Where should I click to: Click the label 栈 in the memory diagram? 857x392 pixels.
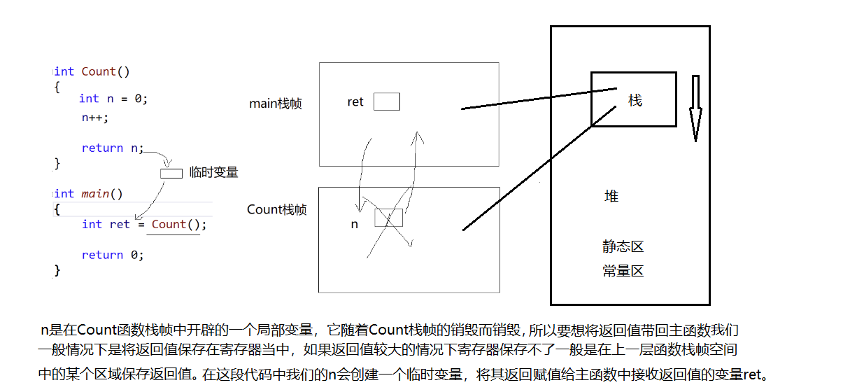coord(635,101)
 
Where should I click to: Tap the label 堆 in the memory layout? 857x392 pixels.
coord(611,197)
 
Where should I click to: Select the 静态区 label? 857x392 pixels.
coord(623,246)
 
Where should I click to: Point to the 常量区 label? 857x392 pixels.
coord(623,271)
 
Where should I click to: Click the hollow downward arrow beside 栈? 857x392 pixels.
coord(695,108)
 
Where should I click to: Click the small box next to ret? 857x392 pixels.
coord(386,102)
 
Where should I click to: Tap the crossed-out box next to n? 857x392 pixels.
coord(388,218)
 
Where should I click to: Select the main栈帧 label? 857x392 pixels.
coord(276,104)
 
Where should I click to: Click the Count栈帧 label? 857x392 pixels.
coord(276,209)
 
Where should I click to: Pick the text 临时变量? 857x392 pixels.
coord(214,172)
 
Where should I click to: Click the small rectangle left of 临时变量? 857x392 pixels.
coord(171,173)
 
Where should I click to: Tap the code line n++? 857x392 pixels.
coord(95,118)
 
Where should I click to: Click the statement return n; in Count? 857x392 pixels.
coord(112,148)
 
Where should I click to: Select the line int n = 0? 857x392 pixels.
coord(113,99)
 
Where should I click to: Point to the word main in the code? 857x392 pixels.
coord(94,193)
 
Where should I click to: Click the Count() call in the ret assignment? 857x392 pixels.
coord(179,224)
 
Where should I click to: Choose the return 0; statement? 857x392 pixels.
coord(113,255)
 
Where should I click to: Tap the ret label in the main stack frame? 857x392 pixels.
coord(355,102)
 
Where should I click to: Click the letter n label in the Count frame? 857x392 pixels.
coord(355,225)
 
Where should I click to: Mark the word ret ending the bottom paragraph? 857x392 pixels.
coord(754,374)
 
